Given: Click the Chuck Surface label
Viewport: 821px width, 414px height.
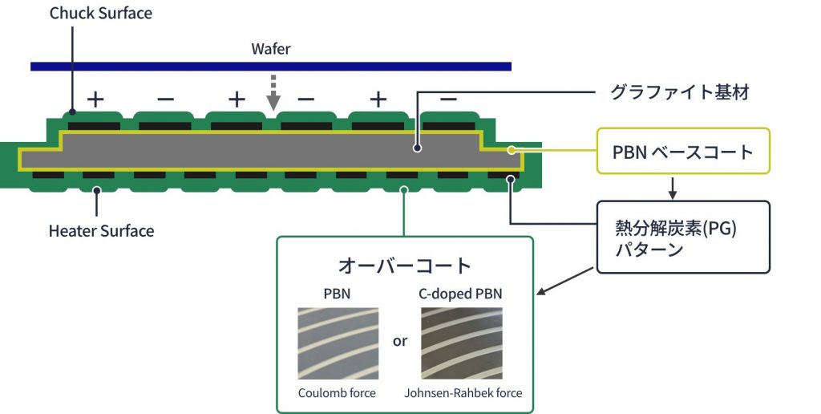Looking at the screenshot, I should click(x=100, y=13).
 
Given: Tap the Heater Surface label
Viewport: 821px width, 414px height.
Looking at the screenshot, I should click(x=101, y=231).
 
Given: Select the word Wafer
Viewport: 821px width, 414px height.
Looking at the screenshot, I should click(x=271, y=49).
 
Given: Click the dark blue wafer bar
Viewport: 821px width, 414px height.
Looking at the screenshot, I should click(x=271, y=66).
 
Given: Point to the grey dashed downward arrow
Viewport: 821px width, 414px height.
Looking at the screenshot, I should click(x=273, y=93).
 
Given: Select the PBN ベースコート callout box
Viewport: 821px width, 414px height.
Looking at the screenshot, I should click(x=683, y=151).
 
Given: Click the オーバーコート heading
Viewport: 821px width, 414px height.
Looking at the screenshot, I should click(x=404, y=266).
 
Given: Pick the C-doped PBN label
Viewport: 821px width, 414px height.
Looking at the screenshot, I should click(x=461, y=294).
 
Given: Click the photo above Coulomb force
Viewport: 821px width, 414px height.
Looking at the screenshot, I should click(x=338, y=343).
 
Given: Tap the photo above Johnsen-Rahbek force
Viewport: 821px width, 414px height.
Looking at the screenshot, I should click(x=461, y=343).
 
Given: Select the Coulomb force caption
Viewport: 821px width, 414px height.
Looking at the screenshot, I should click(x=337, y=393).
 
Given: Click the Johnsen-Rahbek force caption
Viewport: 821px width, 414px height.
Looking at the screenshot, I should click(x=463, y=393).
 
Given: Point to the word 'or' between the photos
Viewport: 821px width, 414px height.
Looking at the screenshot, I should click(x=400, y=341).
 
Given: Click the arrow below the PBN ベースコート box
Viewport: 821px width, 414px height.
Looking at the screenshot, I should click(x=673, y=187).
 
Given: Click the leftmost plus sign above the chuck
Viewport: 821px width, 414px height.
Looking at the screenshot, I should click(x=95, y=99).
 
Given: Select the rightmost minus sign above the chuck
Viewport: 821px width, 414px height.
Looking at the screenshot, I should click(x=449, y=99).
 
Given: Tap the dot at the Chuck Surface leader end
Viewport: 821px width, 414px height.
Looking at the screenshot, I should click(x=72, y=112).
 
